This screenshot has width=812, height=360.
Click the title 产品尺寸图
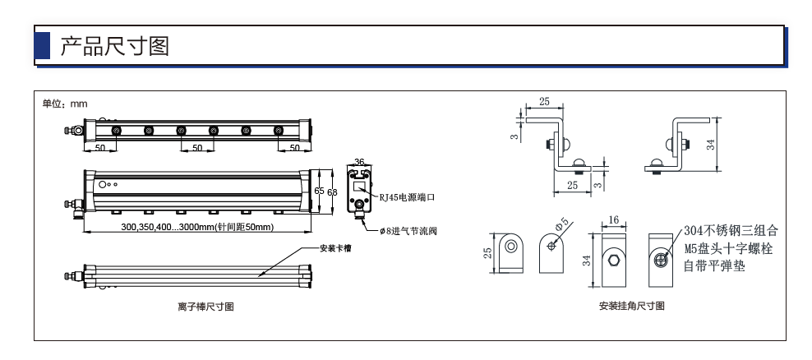115,46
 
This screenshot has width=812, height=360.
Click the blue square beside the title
42,45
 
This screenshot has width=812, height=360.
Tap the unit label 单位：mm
65,104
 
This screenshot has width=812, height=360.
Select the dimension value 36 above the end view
359,162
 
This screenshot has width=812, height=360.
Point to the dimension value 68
333,192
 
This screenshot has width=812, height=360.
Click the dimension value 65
319,191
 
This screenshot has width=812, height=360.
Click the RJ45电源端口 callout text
407,197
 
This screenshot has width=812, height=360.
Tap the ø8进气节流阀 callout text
408,231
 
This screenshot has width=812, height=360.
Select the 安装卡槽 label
335,249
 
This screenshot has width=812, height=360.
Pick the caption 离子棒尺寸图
206,307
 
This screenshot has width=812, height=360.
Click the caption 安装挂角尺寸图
632,306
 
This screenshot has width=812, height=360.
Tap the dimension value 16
613,220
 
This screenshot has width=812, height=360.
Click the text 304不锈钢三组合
731,230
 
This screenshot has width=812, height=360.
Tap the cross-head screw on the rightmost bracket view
662,259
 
